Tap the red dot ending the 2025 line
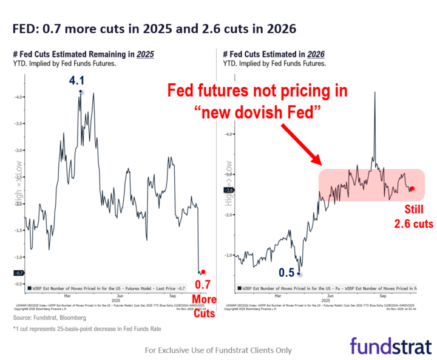(203, 272)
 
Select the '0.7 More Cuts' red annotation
(203, 291)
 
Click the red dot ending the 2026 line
(413, 189)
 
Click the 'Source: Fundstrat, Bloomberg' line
(50, 318)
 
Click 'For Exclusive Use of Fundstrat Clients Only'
(218, 350)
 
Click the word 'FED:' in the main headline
(25, 29)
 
